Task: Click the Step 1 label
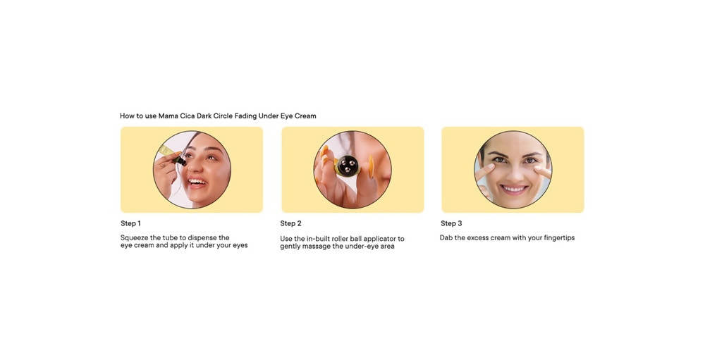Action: click(130, 223)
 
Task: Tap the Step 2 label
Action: click(290, 223)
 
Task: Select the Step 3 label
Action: click(451, 223)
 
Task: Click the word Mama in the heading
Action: click(168, 116)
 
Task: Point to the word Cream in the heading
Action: click(305, 116)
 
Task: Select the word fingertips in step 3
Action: click(559, 237)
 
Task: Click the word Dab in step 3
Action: click(446, 237)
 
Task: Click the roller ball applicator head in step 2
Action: click(347, 166)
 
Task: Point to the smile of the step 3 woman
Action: click(513, 189)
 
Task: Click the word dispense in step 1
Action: click(203, 237)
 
